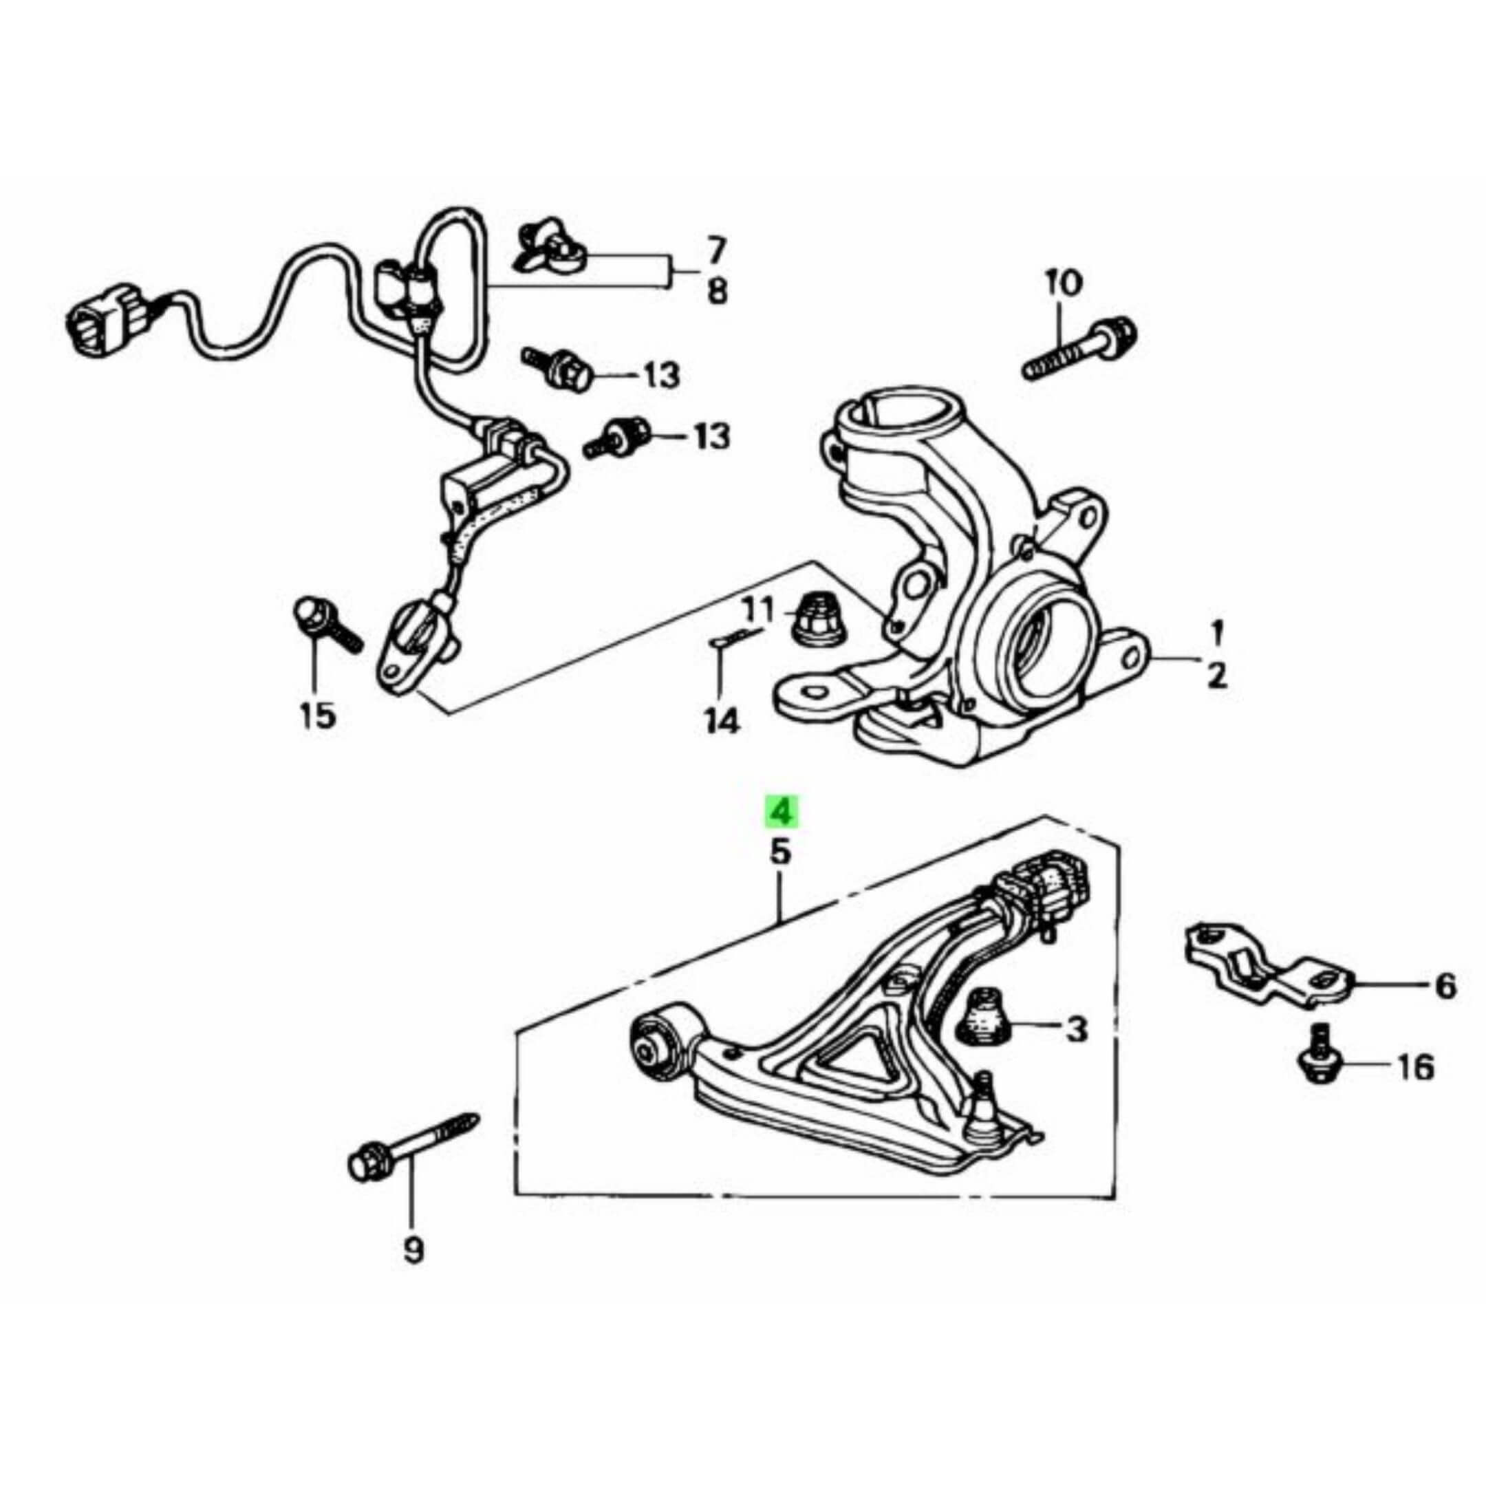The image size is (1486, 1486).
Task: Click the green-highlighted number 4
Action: click(x=781, y=812)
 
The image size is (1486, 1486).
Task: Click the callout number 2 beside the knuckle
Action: click(x=1216, y=678)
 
